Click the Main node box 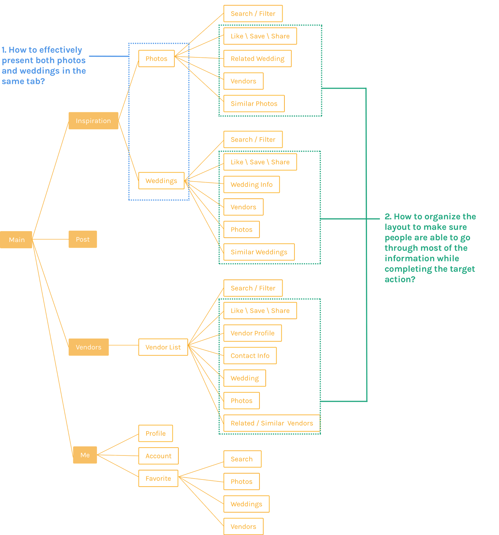click(x=16, y=240)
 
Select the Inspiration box click(x=93, y=121)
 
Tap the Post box click(x=83, y=239)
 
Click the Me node click(x=85, y=455)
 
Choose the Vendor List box click(x=163, y=347)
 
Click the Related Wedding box click(x=258, y=59)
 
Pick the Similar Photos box click(x=254, y=104)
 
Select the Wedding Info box click(x=251, y=185)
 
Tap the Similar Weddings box click(x=259, y=252)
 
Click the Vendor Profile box click(x=253, y=333)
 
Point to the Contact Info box click(x=250, y=356)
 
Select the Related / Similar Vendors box click(x=272, y=423)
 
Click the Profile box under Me click(x=156, y=433)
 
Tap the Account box click(x=158, y=456)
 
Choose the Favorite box click(x=158, y=478)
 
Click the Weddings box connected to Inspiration click(x=161, y=181)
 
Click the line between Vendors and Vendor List click(x=124, y=345)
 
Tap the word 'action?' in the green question click(x=400, y=279)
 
